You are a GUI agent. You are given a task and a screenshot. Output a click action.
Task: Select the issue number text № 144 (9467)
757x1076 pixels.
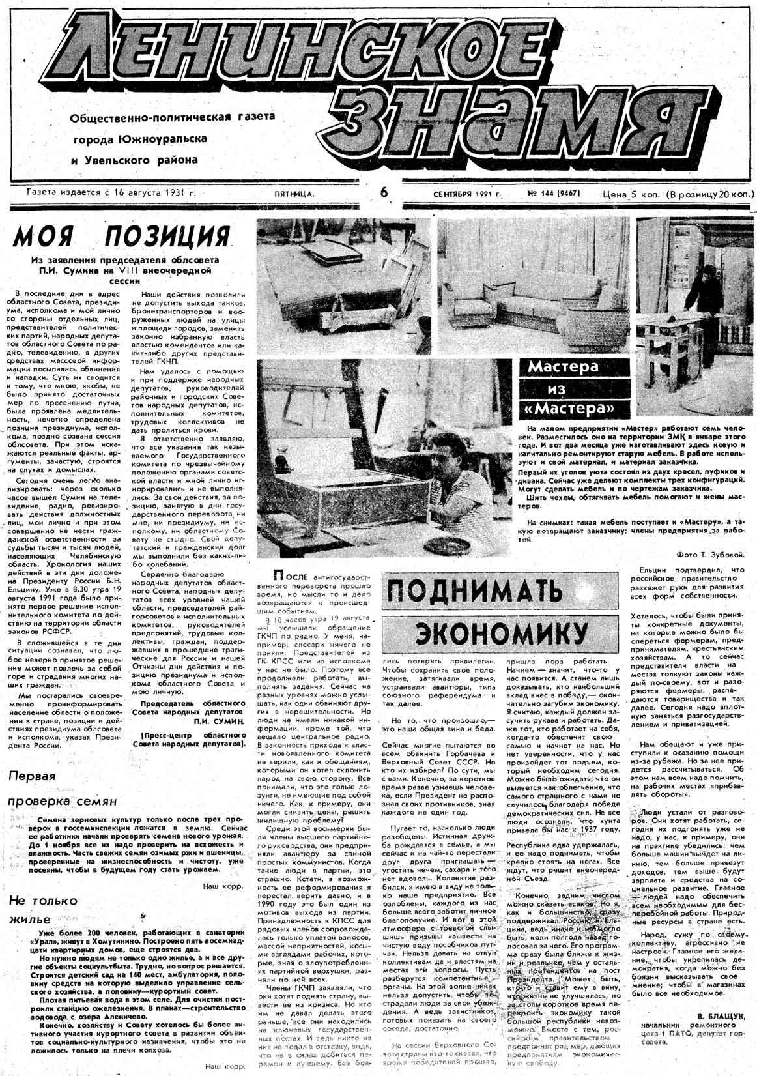click(x=554, y=194)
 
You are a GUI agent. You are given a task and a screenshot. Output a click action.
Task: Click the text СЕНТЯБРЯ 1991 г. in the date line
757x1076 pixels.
click(x=466, y=194)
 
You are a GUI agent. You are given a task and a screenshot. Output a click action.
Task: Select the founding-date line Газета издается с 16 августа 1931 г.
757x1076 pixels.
click(x=111, y=193)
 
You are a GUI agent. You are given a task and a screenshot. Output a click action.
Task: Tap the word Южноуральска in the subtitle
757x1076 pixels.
click(x=163, y=139)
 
